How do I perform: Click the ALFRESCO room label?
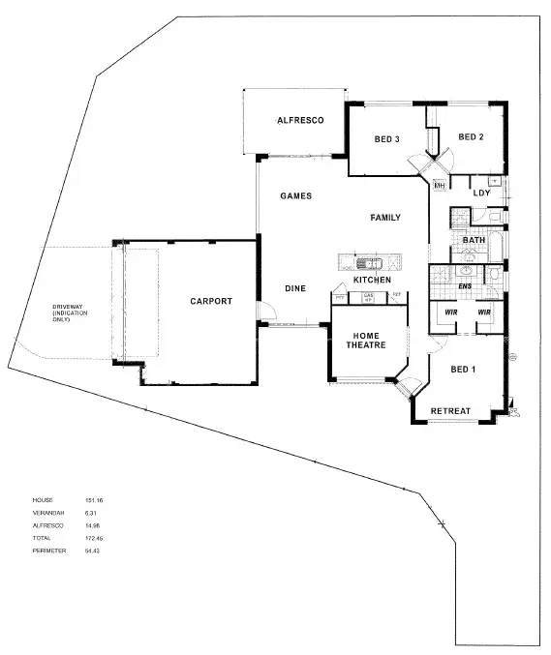[x=299, y=120]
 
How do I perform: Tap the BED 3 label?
[x=386, y=139]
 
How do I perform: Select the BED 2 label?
[x=471, y=137]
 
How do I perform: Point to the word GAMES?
[x=295, y=195]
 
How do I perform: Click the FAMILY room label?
[x=384, y=218]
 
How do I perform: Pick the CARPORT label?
[x=211, y=301]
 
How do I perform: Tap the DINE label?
[x=295, y=288]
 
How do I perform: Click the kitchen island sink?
[x=369, y=262]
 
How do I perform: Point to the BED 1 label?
[x=464, y=370]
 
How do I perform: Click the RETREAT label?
[x=450, y=411]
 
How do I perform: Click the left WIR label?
[x=449, y=313]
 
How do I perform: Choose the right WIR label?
[x=484, y=313]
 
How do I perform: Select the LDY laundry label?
[x=481, y=193]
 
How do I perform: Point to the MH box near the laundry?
[x=439, y=185]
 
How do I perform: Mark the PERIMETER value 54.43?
[x=94, y=551]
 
